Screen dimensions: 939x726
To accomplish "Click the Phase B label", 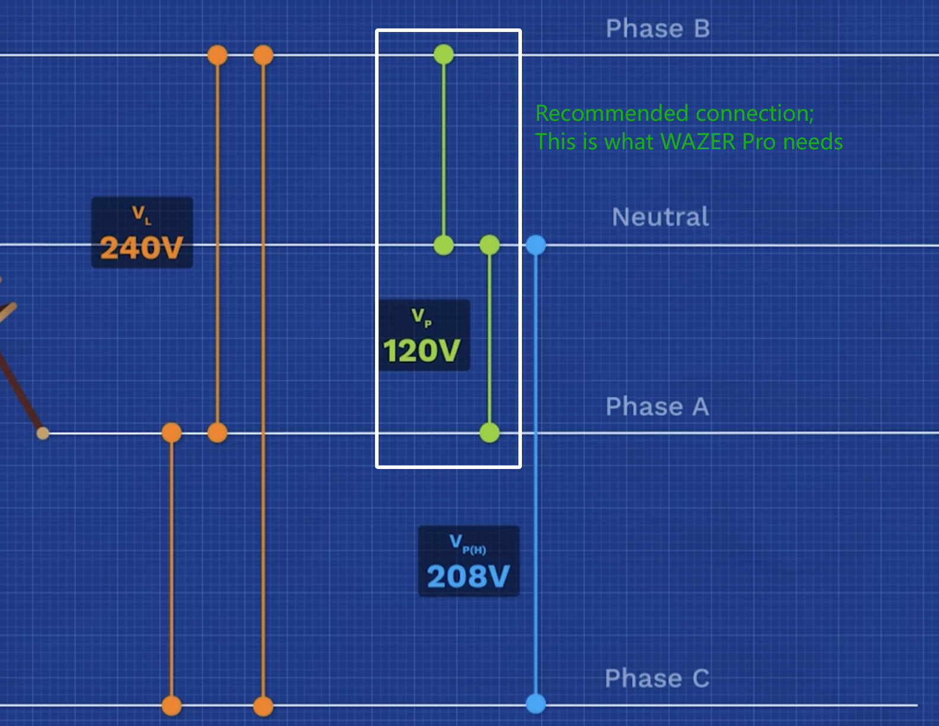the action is tap(658, 29).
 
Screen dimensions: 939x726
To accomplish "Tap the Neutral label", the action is tap(660, 217).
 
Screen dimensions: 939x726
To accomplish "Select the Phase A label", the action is tap(657, 407).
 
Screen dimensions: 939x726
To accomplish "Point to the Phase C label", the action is tap(657, 679).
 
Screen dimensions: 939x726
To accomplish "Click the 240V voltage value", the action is tap(141, 248).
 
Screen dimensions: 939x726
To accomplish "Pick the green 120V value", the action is tap(421, 351).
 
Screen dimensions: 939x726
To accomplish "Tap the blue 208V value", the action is tap(468, 576).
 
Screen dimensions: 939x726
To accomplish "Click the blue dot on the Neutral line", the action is tap(536, 245).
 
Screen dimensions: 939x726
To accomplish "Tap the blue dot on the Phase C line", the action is tap(536, 704).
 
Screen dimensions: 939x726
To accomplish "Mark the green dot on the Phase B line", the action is tap(444, 54).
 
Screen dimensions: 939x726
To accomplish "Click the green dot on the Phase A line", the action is tap(489, 433).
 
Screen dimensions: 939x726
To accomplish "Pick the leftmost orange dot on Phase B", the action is tap(217, 55).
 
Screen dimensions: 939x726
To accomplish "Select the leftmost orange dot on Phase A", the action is tap(172, 433).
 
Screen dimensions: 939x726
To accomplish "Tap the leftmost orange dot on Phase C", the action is tap(172, 706).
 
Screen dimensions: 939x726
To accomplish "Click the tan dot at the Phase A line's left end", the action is tap(43, 433).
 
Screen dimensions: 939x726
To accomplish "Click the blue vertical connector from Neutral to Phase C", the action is tap(536, 474).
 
